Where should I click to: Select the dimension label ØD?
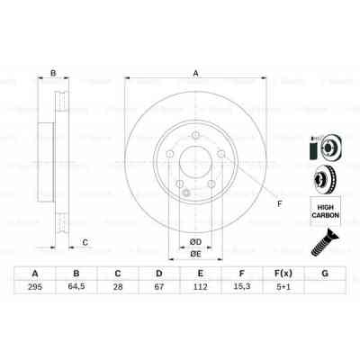pos(195,241)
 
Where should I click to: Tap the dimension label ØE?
pos(195,255)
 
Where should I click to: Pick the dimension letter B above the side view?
pos(53,74)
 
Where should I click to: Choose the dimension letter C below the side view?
pos(85,241)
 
